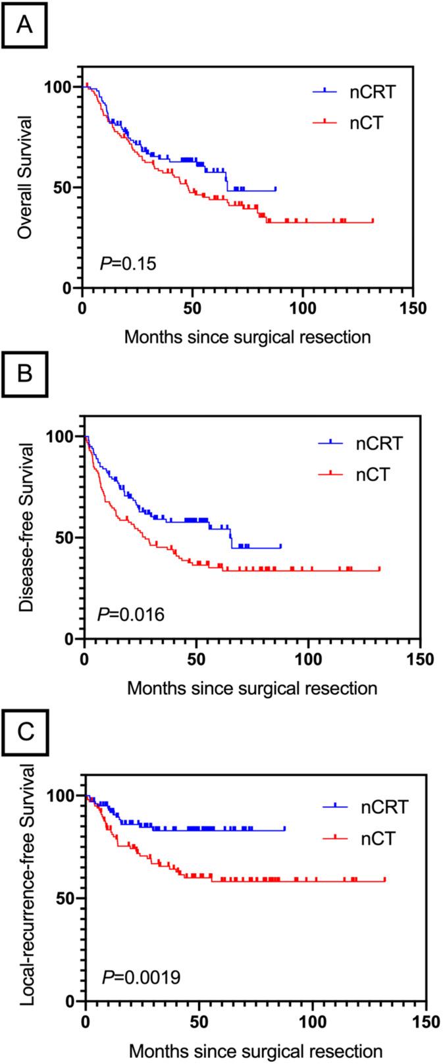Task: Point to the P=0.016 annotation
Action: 131,615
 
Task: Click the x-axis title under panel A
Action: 248,337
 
